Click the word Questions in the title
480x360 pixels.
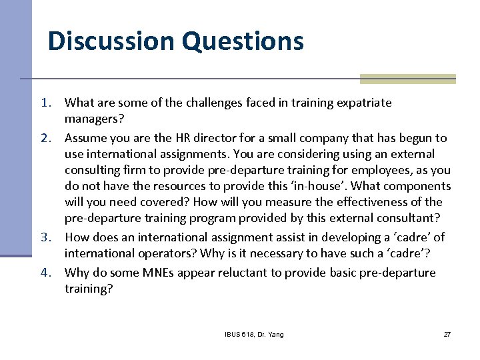click(242, 41)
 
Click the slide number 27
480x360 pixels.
click(447, 334)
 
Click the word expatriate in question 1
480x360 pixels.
click(361, 103)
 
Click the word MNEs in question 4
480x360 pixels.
click(153, 273)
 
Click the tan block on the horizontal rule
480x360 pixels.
click(407, 79)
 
